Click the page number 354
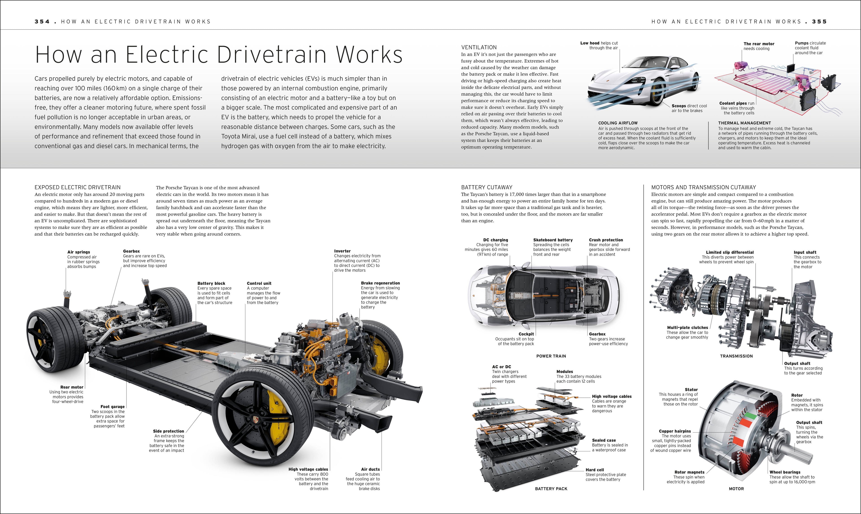click(42, 22)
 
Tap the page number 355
click(819, 22)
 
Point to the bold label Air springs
click(78, 252)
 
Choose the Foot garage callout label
click(112, 407)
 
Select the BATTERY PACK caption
click(551, 489)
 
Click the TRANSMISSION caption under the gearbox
click(736, 356)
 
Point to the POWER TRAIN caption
click(551, 356)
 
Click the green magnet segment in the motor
click(750, 415)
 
